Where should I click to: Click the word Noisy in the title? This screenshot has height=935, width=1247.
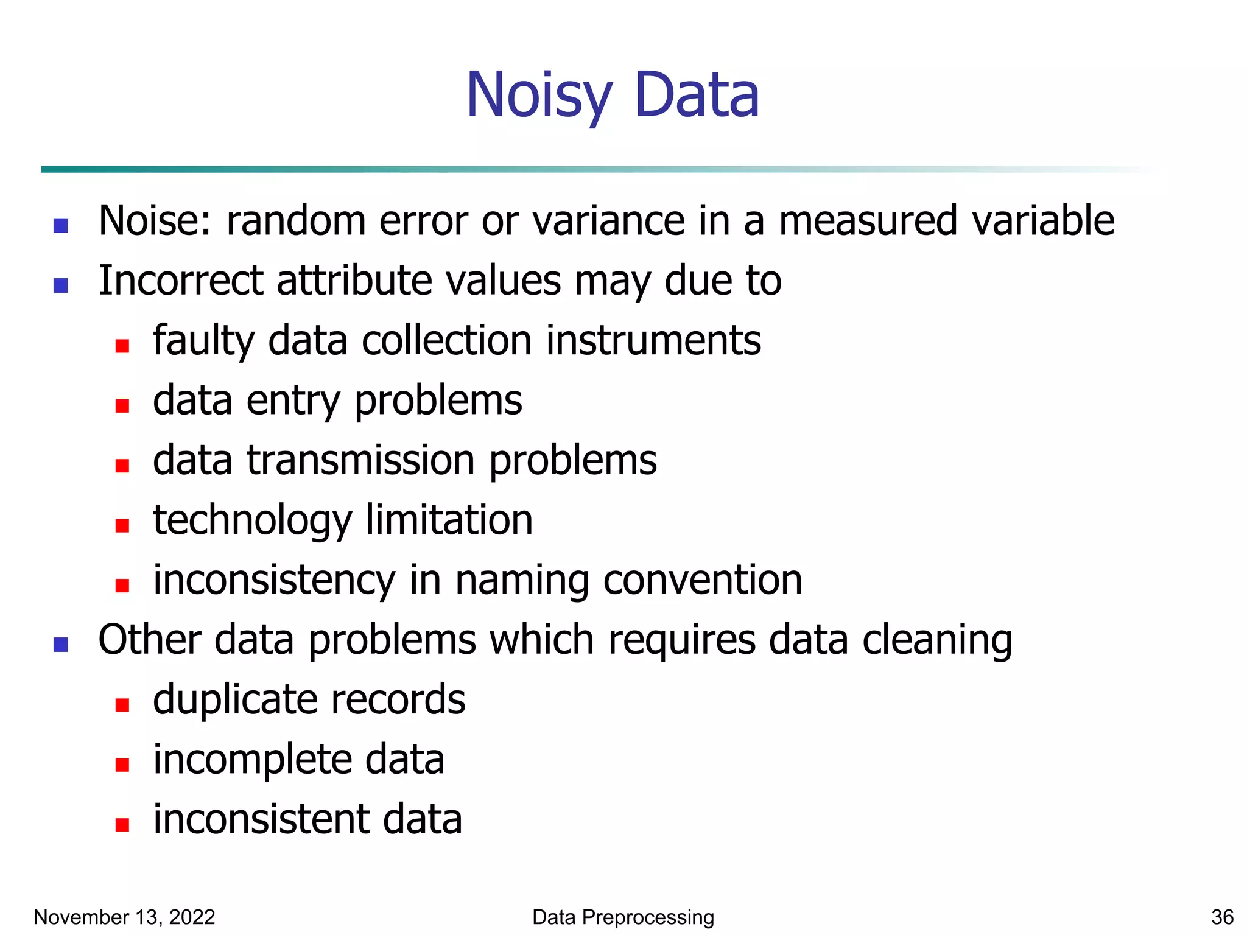[x=538, y=96]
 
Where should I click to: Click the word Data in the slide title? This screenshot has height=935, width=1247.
[x=697, y=96]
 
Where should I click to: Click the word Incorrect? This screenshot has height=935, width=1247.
[x=180, y=281]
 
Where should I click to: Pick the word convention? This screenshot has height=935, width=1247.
[x=703, y=580]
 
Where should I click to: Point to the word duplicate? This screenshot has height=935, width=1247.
[x=228, y=700]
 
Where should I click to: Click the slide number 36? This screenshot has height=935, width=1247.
[x=1222, y=917]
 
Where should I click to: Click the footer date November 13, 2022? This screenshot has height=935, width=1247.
[x=124, y=917]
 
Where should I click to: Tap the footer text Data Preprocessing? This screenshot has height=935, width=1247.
[x=623, y=917]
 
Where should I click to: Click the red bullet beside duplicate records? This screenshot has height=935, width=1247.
[x=122, y=705]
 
